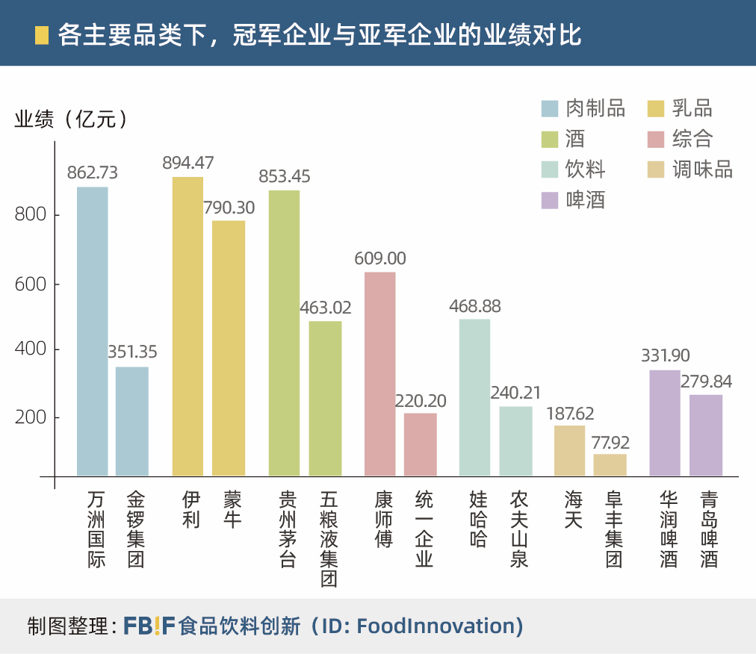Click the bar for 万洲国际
pos(93,331)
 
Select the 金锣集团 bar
pos(132,421)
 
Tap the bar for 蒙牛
pos(229,348)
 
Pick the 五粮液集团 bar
pos(325,399)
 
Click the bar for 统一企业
pos(420,444)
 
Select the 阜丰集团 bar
pos(610,464)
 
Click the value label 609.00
pos(380,258)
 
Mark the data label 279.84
pos(707,381)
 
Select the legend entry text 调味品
pos(702,169)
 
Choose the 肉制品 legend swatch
pos(551,109)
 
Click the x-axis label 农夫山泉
pos(519,529)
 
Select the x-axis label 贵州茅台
pos(288,529)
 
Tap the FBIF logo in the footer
pos(149,625)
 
